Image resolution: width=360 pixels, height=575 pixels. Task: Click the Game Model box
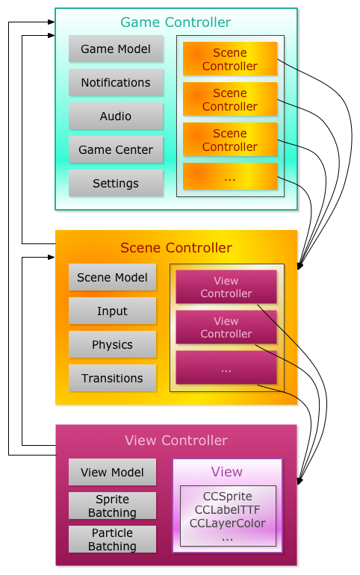tap(116, 49)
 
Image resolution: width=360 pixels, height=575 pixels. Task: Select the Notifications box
tap(116, 82)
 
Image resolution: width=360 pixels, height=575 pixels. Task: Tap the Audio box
tap(116, 116)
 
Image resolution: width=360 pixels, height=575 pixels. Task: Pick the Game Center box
tap(116, 149)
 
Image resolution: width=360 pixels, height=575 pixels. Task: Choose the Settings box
tap(116, 183)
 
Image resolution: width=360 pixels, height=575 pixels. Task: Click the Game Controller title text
tap(176, 22)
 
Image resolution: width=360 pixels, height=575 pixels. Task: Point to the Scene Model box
tap(112, 277)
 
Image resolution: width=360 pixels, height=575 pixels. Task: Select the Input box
tap(112, 311)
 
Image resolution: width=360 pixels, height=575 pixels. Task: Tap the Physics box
tap(112, 344)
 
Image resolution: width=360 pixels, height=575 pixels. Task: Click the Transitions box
tap(112, 378)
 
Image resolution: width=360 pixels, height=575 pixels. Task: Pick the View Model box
tap(112, 472)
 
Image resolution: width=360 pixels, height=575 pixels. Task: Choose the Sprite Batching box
tap(112, 506)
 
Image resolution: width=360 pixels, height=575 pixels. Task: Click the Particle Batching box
tap(112, 539)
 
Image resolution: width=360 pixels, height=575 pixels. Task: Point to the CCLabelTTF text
tap(227, 510)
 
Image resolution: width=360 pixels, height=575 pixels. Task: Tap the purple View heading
tap(226, 472)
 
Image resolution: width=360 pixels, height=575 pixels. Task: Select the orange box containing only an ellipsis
tap(230, 176)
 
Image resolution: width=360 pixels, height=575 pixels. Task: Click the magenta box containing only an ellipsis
tap(226, 367)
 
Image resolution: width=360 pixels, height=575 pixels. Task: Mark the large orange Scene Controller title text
tap(176, 248)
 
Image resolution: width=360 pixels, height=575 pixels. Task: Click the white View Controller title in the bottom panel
tap(176, 441)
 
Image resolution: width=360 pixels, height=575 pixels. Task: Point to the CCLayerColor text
tap(227, 523)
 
